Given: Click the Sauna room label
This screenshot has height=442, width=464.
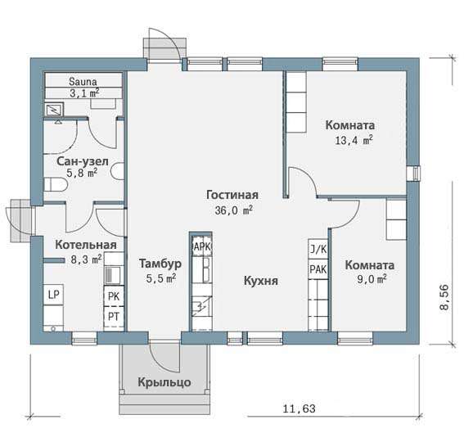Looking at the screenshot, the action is [x=83, y=81].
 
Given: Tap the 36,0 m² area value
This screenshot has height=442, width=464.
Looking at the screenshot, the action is [x=234, y=210].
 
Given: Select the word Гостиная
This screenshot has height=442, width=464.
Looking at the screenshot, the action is [x=232, y=195].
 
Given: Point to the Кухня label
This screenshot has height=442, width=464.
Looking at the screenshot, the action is [x=261, y=281].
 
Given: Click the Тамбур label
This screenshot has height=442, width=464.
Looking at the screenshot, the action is [x=160, y=264].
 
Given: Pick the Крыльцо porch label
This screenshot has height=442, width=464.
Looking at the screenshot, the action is [x=164, y=382].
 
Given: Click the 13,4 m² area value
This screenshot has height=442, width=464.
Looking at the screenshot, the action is [x=354, y=140].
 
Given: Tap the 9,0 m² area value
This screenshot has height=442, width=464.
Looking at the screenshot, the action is [x=372, y=279].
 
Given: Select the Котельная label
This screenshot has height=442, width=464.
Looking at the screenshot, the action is [x=86, y=245].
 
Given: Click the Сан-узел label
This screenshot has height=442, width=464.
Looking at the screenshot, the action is [x=83, y=161].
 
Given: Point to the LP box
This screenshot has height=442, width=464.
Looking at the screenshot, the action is [x=53, y=295].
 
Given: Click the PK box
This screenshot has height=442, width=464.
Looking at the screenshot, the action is [x=114, y=296].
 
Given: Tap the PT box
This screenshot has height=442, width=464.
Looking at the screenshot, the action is [x=114, y=317].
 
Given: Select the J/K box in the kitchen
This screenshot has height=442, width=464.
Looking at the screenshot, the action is [x=318, y=250].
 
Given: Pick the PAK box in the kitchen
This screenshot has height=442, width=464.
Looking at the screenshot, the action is [x=318, y=269].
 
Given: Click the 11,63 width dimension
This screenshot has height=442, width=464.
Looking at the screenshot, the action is [x=300, y=408].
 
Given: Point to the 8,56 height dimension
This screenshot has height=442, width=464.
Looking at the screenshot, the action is [x=444, y=297].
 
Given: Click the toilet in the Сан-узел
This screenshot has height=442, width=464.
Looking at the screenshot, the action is [x=56, y=185].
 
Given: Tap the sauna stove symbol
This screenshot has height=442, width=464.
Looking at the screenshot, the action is [x=54, y=110].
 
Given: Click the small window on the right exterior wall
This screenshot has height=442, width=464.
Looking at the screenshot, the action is [x=414, y=174].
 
